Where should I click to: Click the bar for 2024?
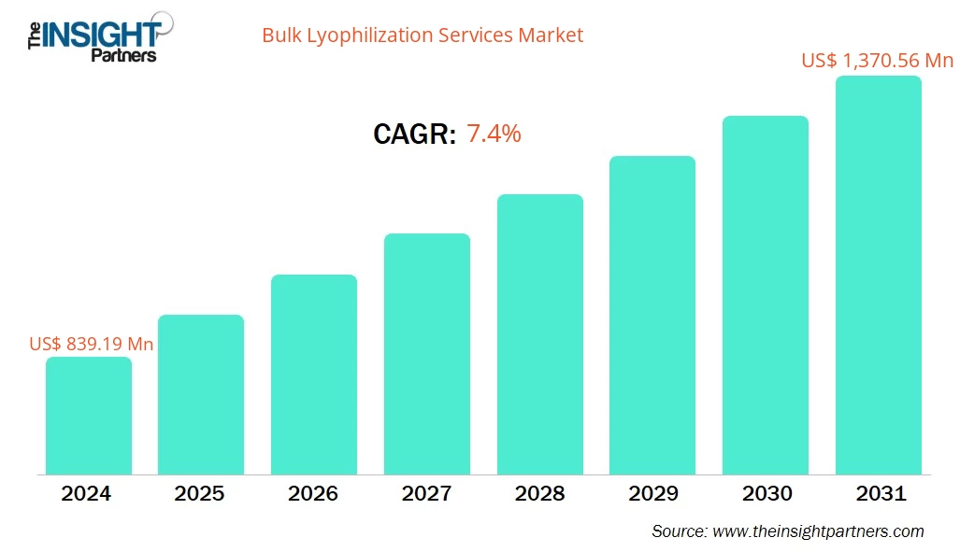pos(89,416)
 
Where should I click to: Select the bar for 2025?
pos(201,394)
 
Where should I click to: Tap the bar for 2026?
pos(314,375)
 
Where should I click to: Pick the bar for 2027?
pos(427,354)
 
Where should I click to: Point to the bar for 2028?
pos(539,334)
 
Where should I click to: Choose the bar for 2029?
pos(652,315)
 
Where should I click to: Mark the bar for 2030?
pos(766,295)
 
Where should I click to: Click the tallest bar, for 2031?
pos(878,276)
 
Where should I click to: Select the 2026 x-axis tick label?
pos(314,494)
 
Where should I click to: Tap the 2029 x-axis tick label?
pos(652,494)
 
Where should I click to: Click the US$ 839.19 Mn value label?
pos(92,344)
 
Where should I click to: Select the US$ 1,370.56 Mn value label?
pos(876,61)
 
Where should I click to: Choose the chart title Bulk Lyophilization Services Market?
pos(423,35)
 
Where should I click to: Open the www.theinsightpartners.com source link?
pos(817,531)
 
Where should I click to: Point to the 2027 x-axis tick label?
pos(427,494)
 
